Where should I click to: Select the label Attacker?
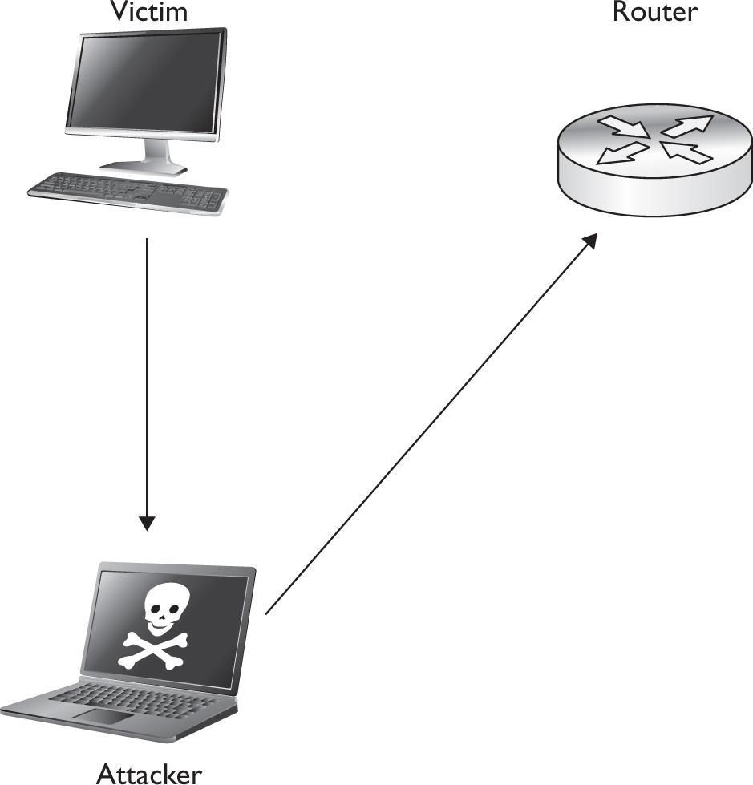[x=148, y=772]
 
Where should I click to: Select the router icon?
[x=655, y=160]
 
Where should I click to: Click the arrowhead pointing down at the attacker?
[x=146, y=523]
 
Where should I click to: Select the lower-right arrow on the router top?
[x=686, y=152]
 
